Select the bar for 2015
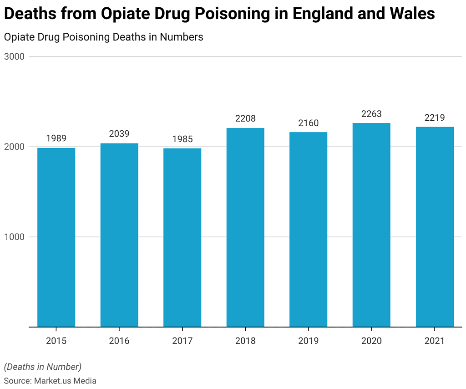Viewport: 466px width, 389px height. click(56, 237)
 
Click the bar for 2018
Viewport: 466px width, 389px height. click(245, 227)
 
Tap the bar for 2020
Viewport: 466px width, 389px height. click(371, 225)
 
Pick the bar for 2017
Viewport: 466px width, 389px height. click(182, 237)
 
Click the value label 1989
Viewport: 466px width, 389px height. click(56, 138)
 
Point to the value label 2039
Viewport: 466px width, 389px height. click(119, 134)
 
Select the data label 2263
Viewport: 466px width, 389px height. click(371, 114)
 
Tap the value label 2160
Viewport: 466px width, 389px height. click(308, 123)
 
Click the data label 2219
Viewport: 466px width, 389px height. click(435, 118)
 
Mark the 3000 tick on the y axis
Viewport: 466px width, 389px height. click(15, 57)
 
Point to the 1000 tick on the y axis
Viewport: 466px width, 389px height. click(15, 237)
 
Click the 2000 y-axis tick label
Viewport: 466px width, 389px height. click(15, 147)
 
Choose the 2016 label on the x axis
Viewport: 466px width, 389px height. click(119, 341)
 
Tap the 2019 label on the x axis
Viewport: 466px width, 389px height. click(308, 341)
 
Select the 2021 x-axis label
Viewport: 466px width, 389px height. click(435, 341)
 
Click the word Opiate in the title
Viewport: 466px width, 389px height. click(127, 14)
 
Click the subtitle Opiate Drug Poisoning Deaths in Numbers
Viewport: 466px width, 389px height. click(103, 37)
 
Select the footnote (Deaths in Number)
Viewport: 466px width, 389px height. click(43, 366)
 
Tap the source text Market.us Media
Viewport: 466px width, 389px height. click(65, 380)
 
